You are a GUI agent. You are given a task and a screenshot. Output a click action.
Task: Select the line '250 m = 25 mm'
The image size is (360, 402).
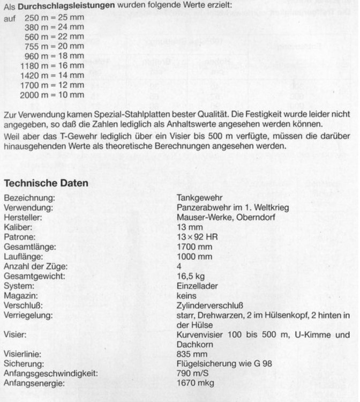(54, 18)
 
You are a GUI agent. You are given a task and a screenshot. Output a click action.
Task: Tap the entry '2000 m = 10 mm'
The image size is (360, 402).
(52, 95)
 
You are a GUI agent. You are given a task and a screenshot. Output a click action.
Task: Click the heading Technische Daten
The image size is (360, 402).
(46, 183)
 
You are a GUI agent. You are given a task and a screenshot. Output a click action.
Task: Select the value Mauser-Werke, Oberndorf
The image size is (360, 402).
(220, 218)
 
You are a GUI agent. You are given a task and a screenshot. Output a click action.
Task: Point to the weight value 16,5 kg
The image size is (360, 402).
(189, 276)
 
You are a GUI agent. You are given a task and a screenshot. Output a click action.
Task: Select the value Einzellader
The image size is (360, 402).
(197, 286)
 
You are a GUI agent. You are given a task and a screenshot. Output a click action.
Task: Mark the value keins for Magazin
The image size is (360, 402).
(186, 295)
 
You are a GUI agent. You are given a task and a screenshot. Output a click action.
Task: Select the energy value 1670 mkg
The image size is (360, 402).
(194, 383)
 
